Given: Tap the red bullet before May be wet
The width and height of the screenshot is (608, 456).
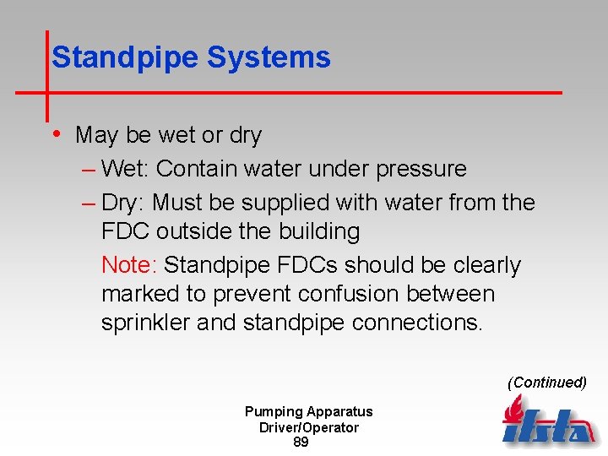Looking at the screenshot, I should (x=56, y=133).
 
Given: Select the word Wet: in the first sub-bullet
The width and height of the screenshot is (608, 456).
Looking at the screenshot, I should (x=125, y=169).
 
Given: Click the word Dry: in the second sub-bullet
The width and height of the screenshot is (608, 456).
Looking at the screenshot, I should (x=123, y=203).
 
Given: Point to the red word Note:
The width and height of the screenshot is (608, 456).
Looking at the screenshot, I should (x=129, y=265).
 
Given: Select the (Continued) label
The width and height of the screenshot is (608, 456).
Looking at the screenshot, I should (x=546, y=383).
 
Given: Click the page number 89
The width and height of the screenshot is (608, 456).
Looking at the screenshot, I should (x=301, y=442).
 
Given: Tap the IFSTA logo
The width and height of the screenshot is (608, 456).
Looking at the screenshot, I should (x=548, y=422).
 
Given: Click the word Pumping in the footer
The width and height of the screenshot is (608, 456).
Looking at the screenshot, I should (x=273, y=412).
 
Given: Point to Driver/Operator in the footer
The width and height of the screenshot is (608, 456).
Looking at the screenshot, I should (x=309, y=427).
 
